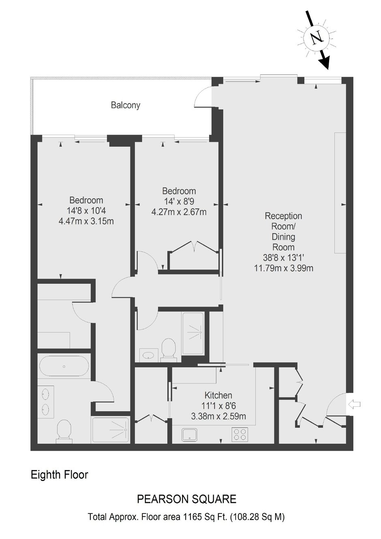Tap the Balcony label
tap(125, 105)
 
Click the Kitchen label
tap(218, 395)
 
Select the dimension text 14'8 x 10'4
tap(86, 210)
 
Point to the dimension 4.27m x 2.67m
tap(179, 212)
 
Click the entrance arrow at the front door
tap(354, 404)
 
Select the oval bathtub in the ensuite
tap(64, 367)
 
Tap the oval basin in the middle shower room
tap(149, 355)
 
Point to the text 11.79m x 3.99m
tap(284, 268)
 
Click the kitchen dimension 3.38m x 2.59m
tap(218, 416)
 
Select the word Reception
tap(283, 216)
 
